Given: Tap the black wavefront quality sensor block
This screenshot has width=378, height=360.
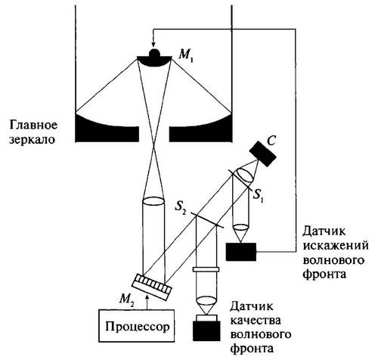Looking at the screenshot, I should [x=206, y=331].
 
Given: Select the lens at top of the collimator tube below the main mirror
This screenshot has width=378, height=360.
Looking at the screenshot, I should [x=153, y=203].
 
